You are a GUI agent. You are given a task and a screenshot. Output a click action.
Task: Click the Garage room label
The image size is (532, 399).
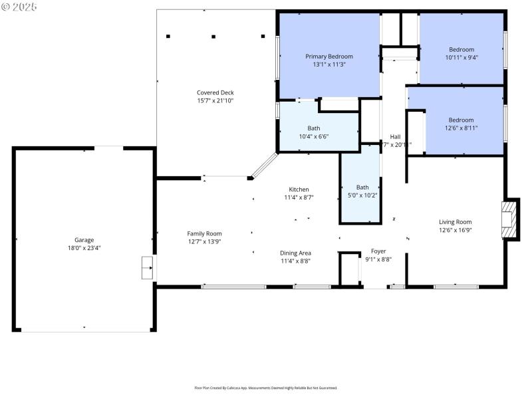tap(84, 240)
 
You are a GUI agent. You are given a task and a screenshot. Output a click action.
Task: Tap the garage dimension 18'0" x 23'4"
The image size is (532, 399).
tap(84, 248)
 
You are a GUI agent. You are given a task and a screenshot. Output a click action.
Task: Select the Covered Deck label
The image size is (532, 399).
tap(215, 92)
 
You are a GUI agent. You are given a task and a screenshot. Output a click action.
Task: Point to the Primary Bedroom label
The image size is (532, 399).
tap(329, 57)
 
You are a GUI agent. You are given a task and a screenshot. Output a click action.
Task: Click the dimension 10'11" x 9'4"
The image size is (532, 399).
tap(462, 57)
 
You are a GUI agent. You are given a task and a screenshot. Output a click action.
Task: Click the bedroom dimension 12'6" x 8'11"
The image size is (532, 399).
tap(462, 128)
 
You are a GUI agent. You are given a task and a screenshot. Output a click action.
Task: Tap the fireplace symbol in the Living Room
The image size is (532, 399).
tap(509, 219)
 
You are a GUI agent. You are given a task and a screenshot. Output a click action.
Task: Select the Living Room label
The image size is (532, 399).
tap(455, 222)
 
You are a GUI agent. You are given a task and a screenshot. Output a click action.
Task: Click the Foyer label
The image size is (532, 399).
tap(378, 251)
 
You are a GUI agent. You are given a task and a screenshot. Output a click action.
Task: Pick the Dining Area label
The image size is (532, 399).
tap(295, 253)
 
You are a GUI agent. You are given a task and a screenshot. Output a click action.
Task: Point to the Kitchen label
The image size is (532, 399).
tap(299, 190)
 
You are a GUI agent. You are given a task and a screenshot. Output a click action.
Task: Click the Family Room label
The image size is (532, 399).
tap(204, 233)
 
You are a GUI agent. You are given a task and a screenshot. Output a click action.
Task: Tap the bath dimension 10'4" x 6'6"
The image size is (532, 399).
tap(313, 136)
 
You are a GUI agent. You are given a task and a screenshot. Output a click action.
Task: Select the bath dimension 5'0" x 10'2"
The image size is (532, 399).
tap(362, 196)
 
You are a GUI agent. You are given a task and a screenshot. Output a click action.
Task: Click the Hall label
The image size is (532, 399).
tap(395, 136)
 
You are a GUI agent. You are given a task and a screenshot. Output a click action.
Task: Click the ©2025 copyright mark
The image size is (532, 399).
tap(20, 7)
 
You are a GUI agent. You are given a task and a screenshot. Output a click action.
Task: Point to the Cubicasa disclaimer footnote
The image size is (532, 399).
tap(265, 388)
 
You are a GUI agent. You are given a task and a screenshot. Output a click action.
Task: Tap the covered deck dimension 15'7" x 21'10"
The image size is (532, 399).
tap(215, 100)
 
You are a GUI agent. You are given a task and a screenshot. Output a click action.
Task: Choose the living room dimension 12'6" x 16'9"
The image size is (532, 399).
tap(455, 230)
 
